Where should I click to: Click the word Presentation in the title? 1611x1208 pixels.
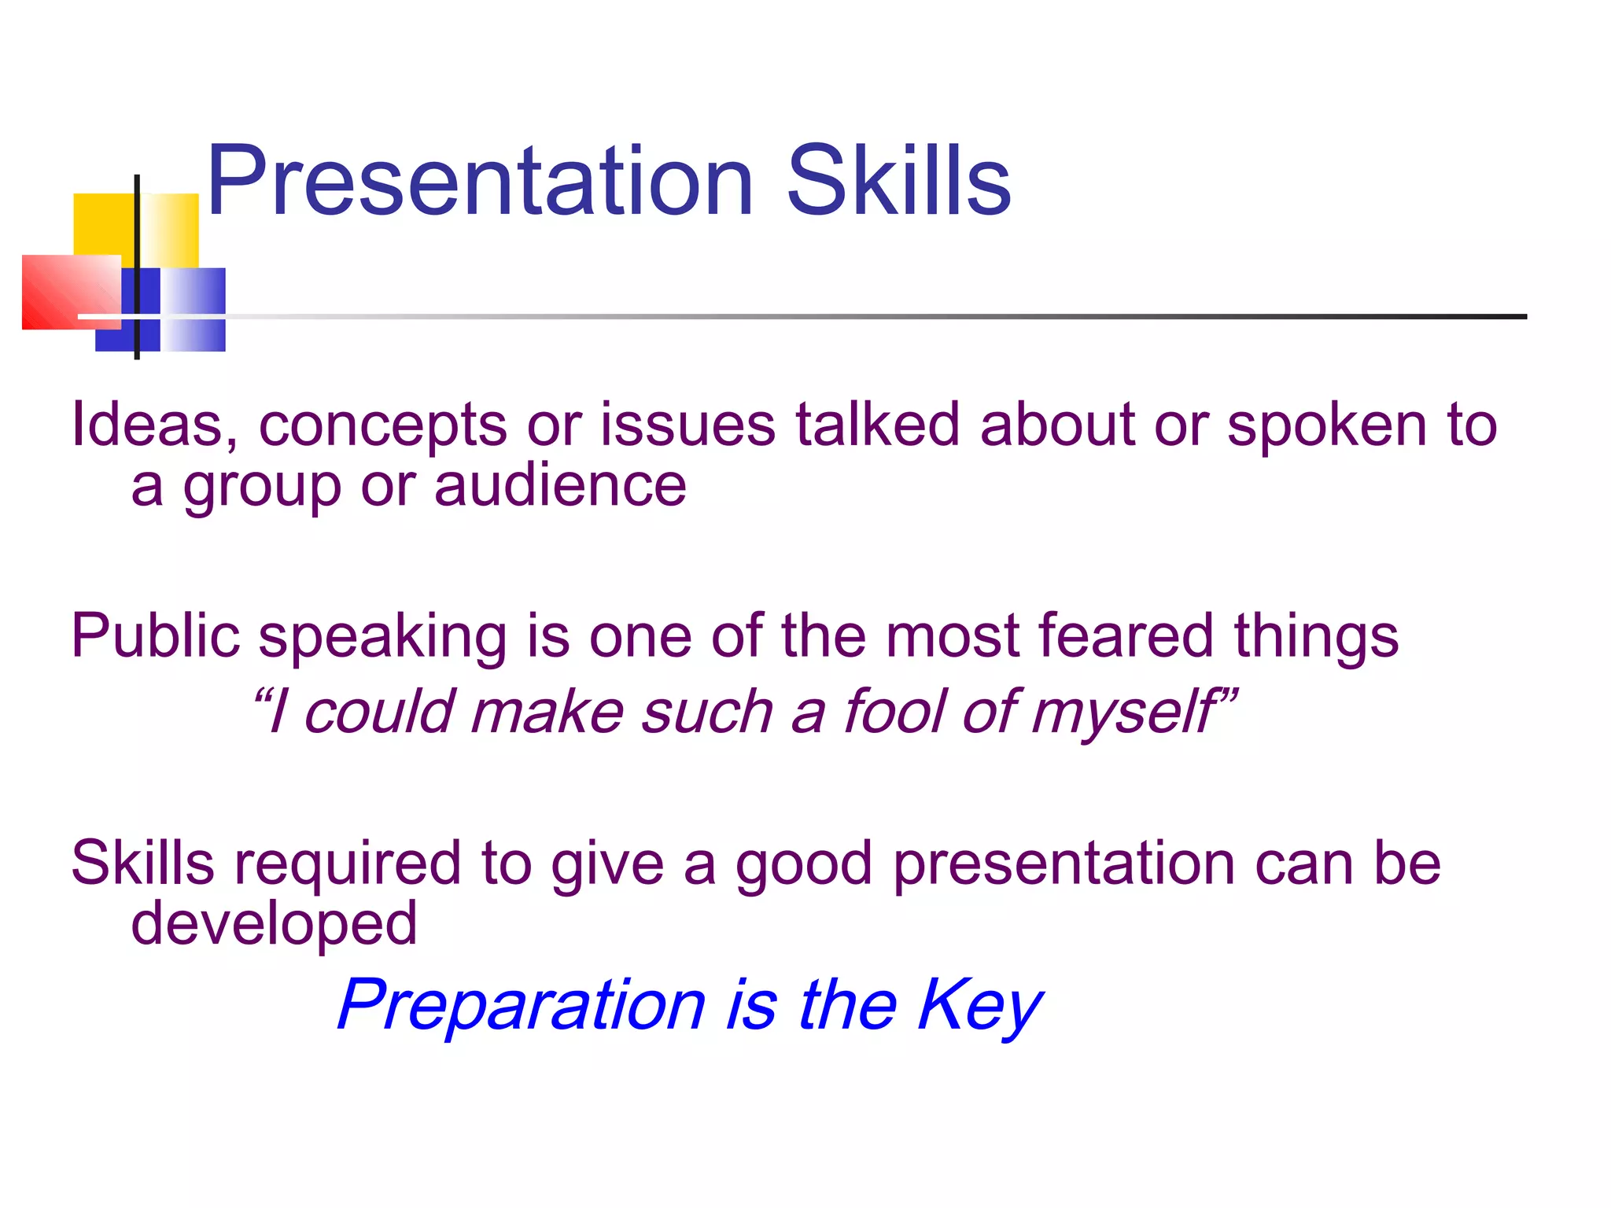480,182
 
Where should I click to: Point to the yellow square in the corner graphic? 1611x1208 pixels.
102,224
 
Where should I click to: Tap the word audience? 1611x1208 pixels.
560,487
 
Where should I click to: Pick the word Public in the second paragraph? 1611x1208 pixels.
155,635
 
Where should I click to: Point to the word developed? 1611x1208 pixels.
273,925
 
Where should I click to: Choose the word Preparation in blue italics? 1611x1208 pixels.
521,1007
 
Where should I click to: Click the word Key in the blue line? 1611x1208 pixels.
979,1007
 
